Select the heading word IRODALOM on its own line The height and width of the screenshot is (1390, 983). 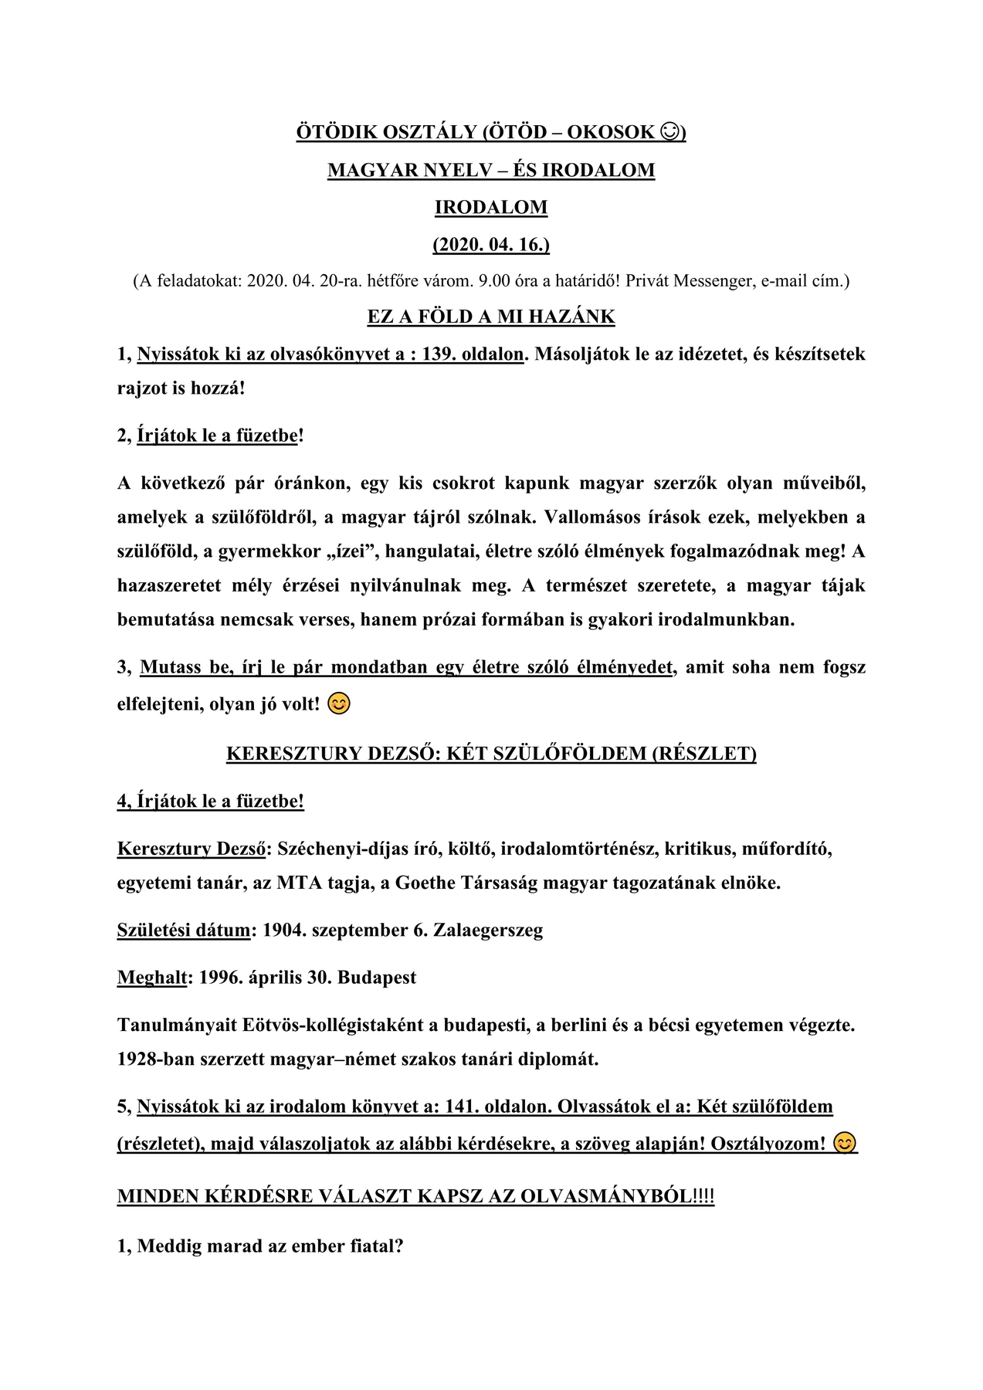[x=491, y=207]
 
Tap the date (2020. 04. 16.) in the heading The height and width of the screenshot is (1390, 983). [x=491, y=245]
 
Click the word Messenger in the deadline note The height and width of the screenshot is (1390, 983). [x=714, y=280]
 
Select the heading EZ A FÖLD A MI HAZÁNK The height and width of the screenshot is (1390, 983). [x=491, y=317]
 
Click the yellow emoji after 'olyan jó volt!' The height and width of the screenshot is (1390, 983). [x=339, y=704]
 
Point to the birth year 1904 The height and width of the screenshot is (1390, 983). [x=283, y=930]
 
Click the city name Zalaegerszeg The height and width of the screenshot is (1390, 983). [x=488, y=930]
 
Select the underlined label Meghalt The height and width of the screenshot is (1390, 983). [x=152, y=978]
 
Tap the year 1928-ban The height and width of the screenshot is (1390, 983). [x=156, y=1059]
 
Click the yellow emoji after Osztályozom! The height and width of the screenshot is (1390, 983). [x=846, y=1143]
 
